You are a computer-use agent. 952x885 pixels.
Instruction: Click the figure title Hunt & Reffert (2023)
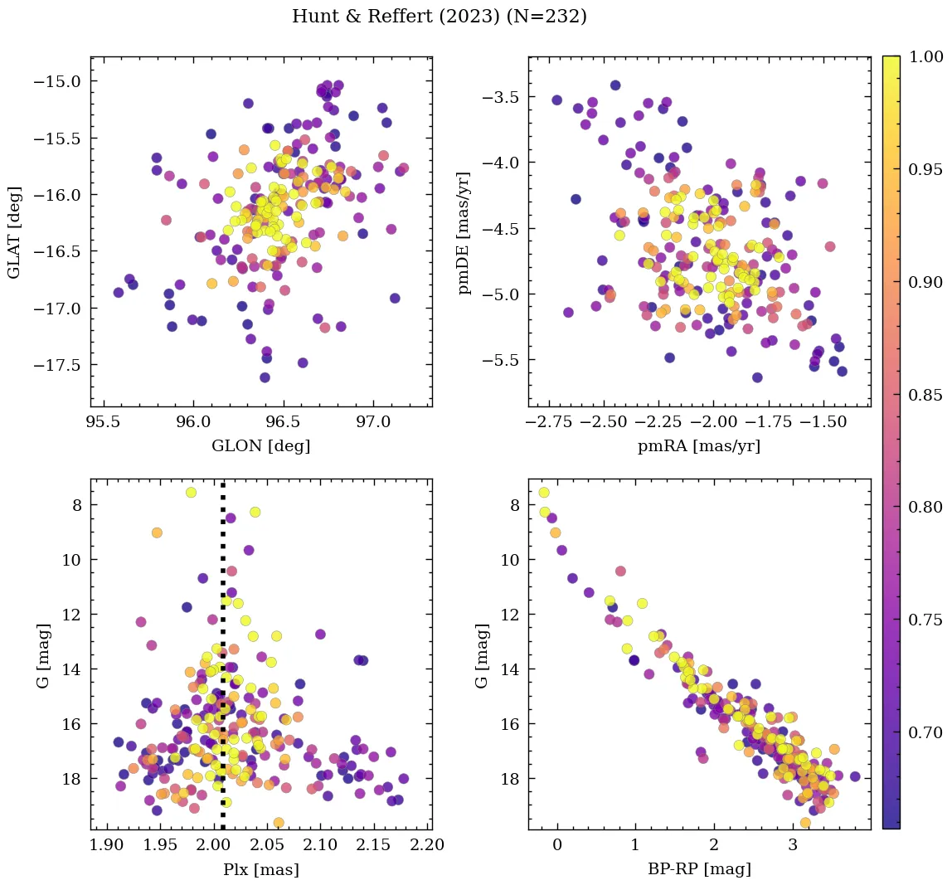(x=440, y=17)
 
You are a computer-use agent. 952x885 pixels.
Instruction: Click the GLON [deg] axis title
(x=261, y=446)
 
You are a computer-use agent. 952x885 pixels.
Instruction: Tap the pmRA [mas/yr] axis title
(x=699, y=446)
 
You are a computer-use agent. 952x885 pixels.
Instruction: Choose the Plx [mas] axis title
(x=261, y=869)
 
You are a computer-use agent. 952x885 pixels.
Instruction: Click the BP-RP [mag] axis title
(x=699, y=869)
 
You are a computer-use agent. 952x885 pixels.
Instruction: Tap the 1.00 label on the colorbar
(x=925, y=56)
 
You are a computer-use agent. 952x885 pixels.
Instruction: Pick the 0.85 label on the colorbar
(x=925, y=395)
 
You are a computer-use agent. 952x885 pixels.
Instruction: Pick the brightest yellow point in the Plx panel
(x=192, y=492)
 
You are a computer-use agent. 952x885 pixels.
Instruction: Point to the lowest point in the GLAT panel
(x=265, y=377)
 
